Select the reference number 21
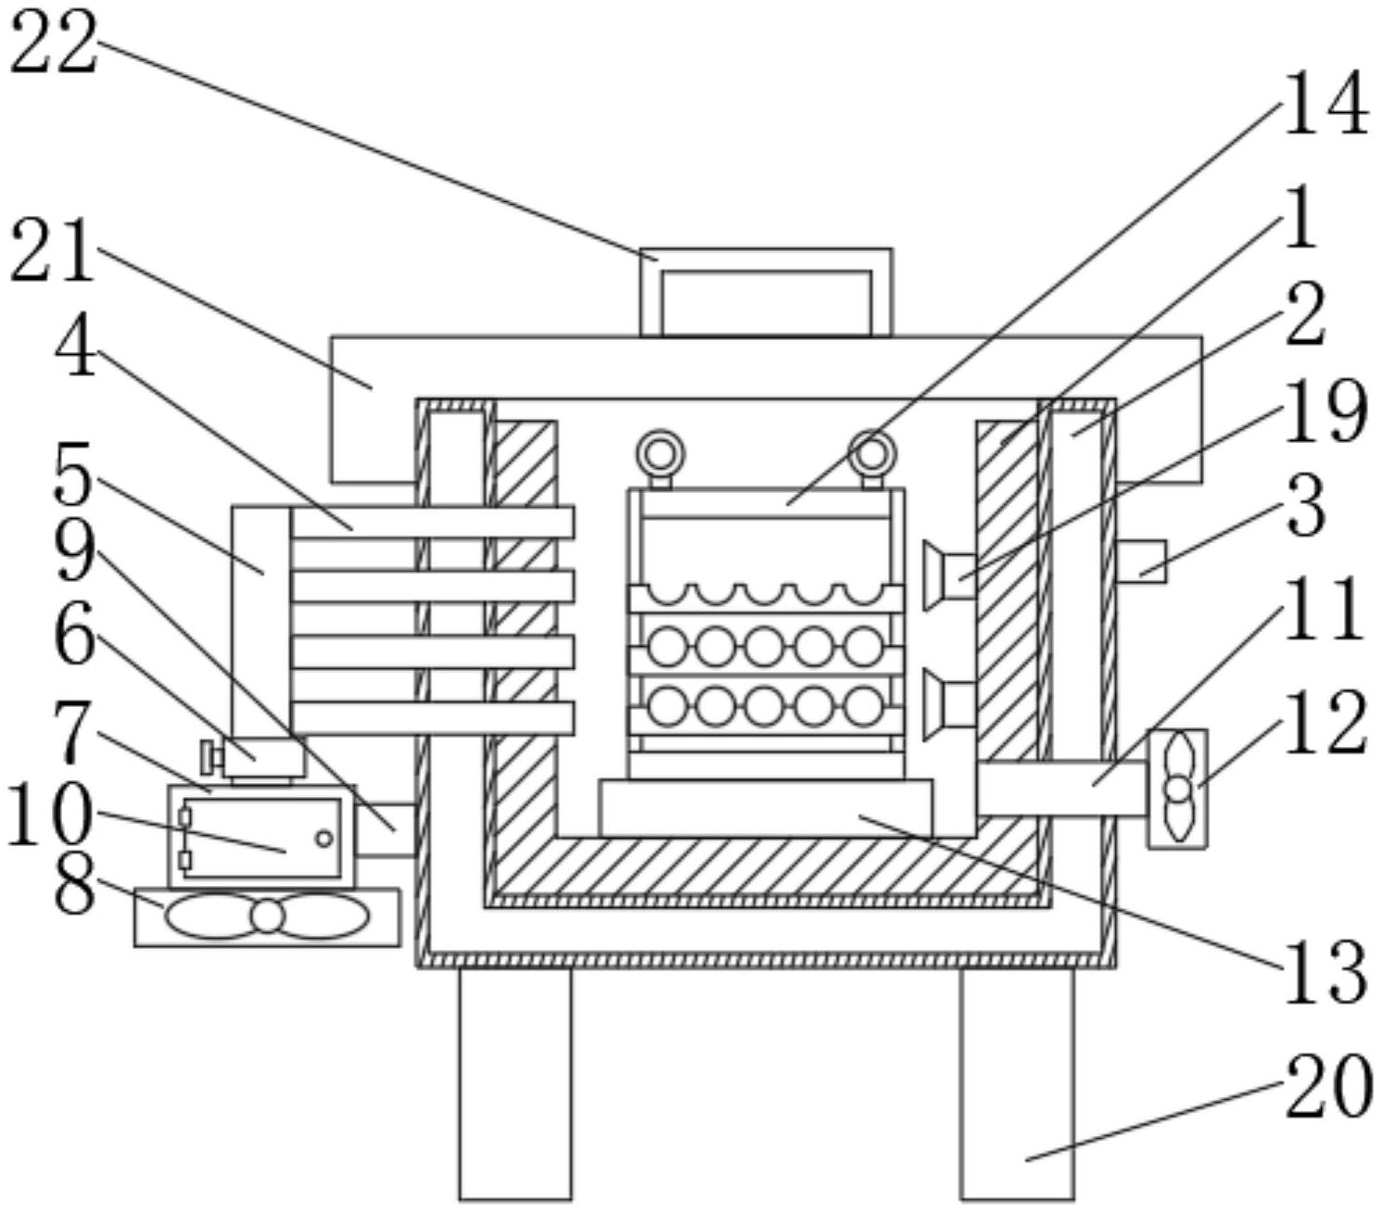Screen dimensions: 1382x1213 click(x=52, y=251)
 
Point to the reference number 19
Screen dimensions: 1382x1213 click(x=1325, y=412)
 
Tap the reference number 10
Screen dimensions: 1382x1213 click(x=49, y=815)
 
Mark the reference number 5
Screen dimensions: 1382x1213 click(x=72, y=473)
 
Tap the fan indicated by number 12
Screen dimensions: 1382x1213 click(x=1177, y=789)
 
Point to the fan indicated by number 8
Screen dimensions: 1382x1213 click(x=267, y=917)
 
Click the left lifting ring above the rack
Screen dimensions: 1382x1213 click(x=660, y=453)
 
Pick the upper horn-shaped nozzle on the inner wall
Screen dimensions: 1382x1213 click(x=949, y=575)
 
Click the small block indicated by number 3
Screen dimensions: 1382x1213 click(x=1140, y=562)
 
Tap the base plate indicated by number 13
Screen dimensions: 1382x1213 click(x=766, y=808)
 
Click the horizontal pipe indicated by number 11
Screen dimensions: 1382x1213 click(x=1062, y=789)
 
